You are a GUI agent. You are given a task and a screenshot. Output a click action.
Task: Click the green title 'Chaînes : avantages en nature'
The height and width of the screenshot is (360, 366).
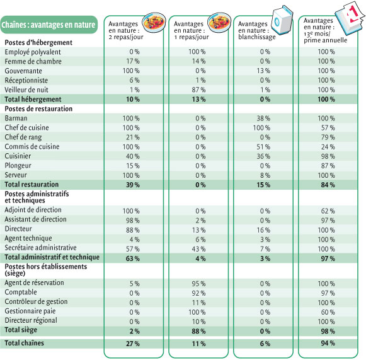tap(49, 25)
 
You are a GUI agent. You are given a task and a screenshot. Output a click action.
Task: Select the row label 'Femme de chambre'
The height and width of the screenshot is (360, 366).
tap(33, 61)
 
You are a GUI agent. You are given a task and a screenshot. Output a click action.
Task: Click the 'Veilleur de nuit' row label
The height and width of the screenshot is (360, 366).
tap(26, 90)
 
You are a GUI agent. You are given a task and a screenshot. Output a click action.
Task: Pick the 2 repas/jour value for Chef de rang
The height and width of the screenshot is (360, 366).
tap(132, 137)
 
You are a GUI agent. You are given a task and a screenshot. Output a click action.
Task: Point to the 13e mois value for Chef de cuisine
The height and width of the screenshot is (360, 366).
tap(328, 128)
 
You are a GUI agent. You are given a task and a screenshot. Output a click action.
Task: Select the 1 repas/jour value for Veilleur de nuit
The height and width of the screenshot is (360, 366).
tap(198, 90)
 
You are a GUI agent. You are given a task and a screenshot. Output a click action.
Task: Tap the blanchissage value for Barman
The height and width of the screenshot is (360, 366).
tap(263, 118)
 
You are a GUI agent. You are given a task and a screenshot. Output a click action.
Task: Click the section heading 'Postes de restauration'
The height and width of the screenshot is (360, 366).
tap(38, 108)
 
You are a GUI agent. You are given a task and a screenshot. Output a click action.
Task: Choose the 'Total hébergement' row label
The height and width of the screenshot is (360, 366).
tap(33, 99)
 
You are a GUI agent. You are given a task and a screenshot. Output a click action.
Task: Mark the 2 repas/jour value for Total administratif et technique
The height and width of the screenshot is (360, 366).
tap(132, 258)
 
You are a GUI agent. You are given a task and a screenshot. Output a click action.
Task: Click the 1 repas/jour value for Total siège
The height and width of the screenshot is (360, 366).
tap(198, 331)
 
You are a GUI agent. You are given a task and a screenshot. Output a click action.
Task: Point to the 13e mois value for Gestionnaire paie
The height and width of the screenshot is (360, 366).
tap(328, 312)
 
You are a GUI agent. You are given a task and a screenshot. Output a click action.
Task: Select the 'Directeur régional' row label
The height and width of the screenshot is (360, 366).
tap(31, 320)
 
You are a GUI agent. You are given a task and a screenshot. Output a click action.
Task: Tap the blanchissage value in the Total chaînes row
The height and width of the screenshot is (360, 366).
tap(265, 344)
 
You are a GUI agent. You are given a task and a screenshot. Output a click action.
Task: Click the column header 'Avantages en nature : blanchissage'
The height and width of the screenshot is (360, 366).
tap(256, 30)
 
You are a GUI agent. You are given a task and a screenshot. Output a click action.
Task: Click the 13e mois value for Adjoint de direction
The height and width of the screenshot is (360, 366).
tap(328, 211)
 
